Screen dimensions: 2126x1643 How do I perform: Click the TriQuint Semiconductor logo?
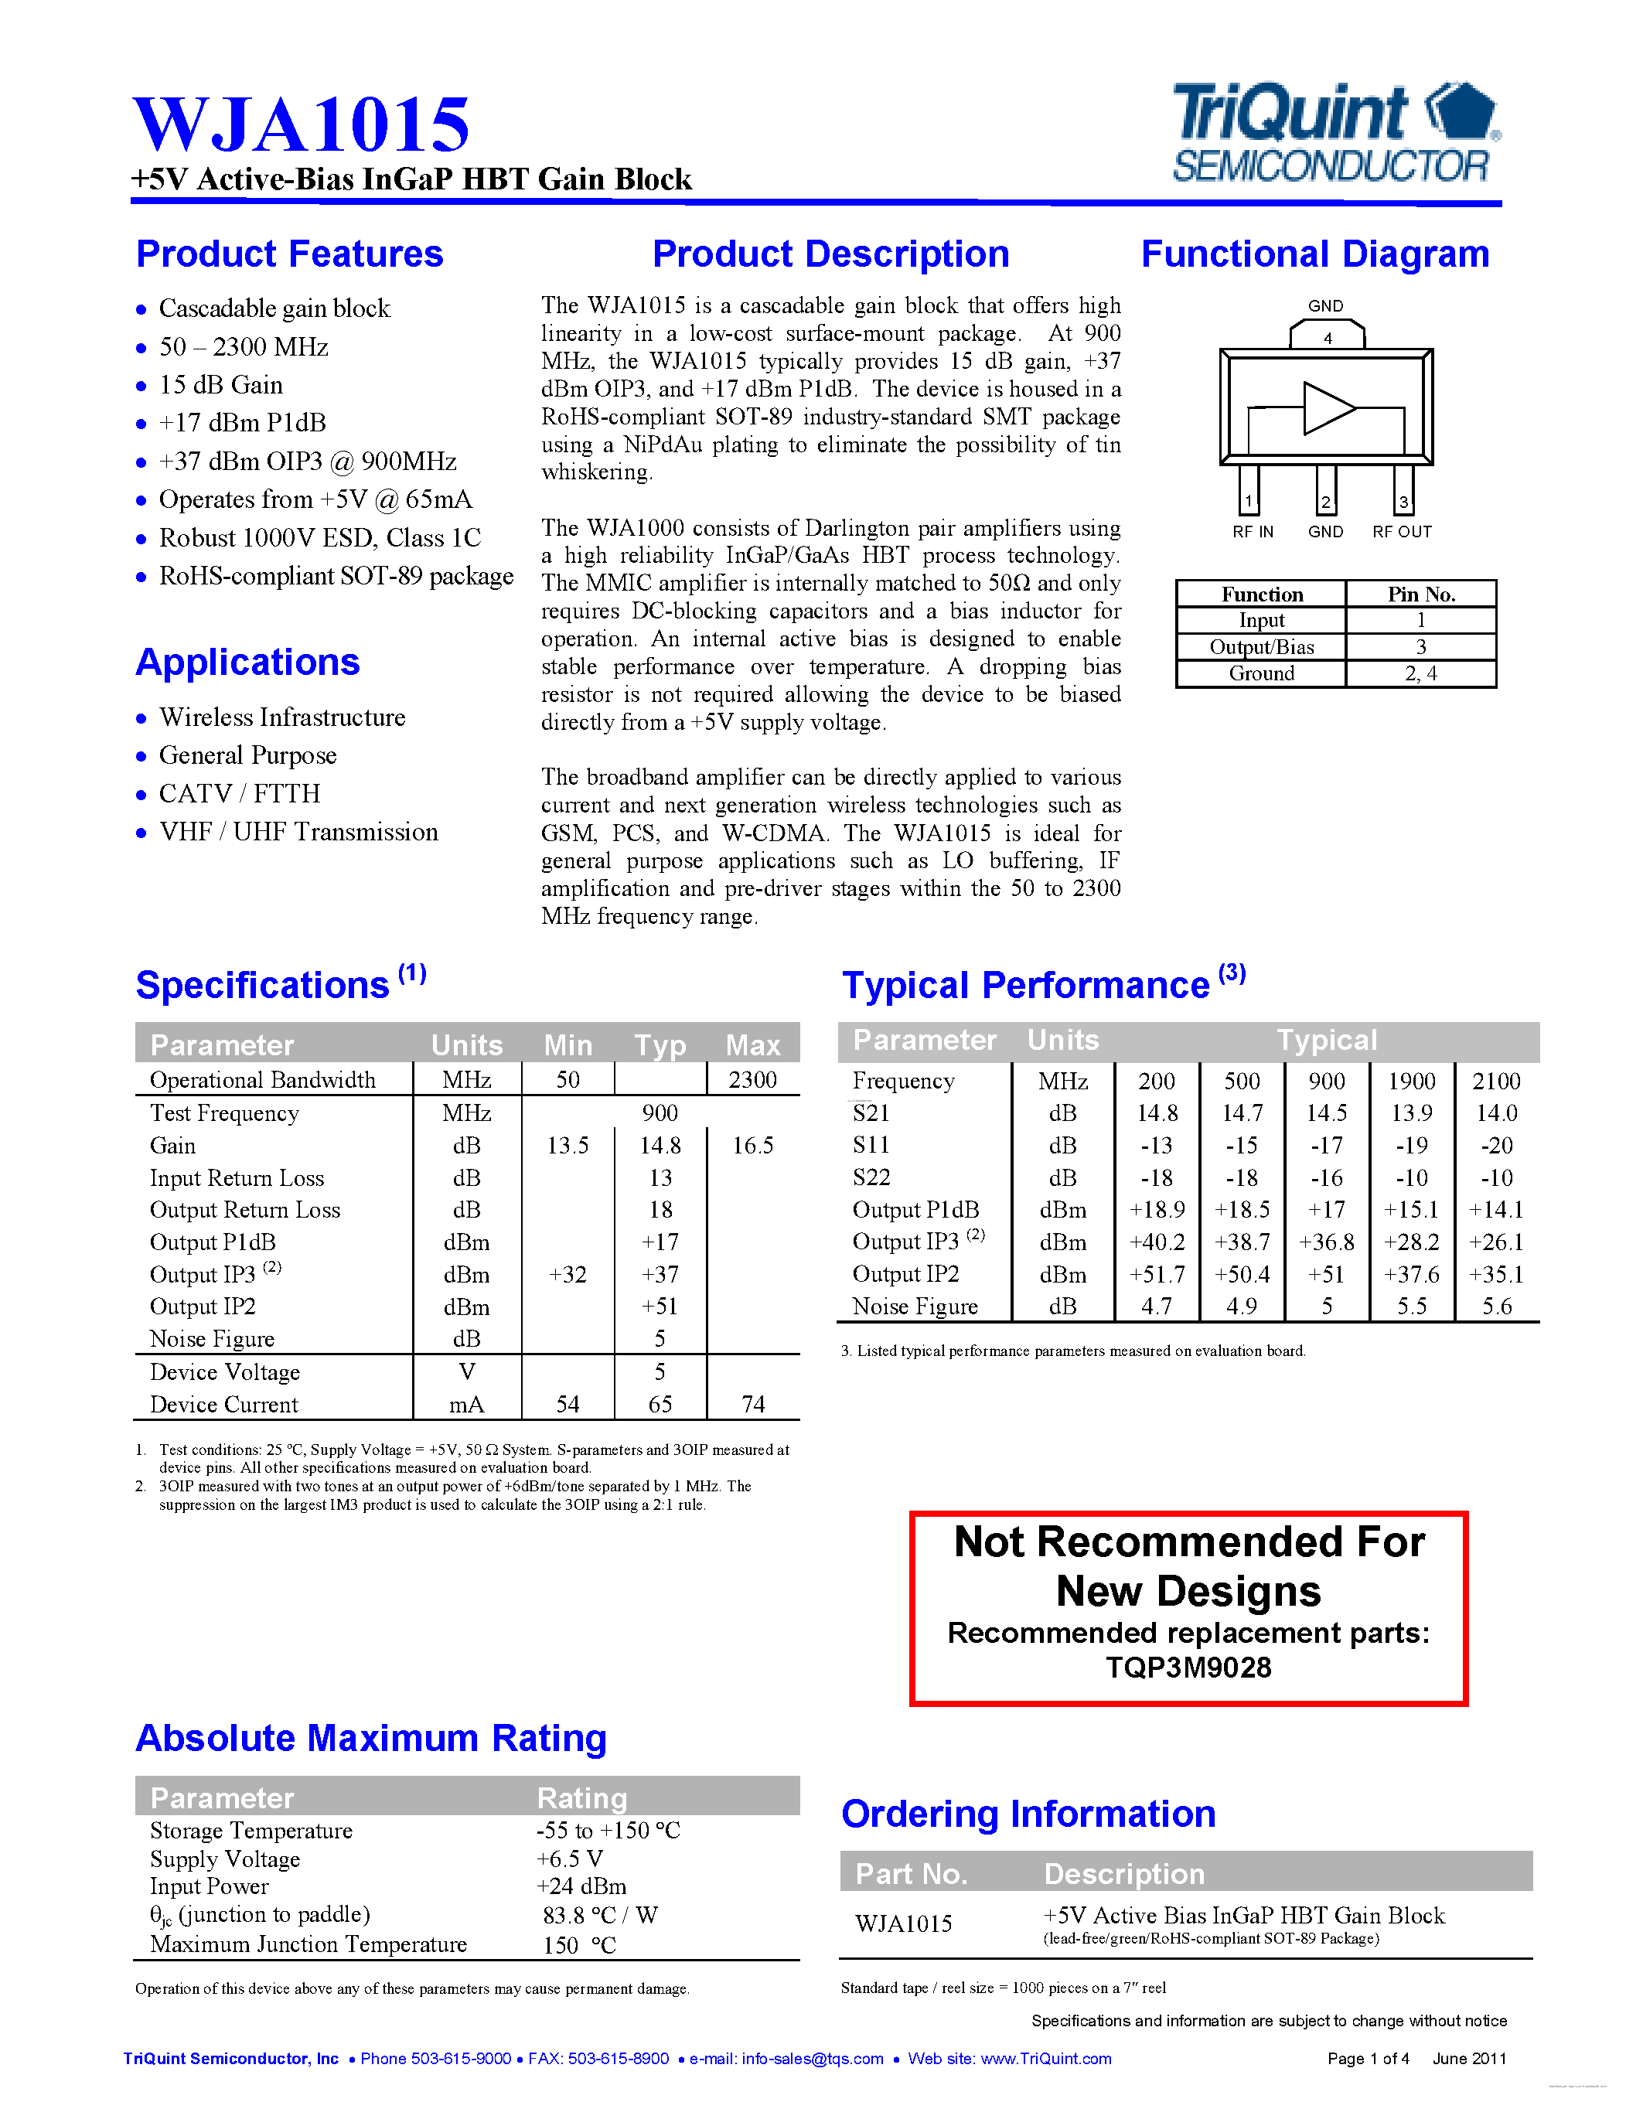click(1335, 134)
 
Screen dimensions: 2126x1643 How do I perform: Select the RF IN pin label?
click(1252, 532)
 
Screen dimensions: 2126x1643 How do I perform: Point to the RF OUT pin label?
click(1402, 532)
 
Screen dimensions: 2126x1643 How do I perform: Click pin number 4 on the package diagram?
click(1327, 339)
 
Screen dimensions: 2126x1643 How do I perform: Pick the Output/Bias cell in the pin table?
click(1262, 647)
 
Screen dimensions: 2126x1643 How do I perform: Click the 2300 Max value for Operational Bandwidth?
click(752, 1079)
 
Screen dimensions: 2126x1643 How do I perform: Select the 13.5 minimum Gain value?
click(568, 1146)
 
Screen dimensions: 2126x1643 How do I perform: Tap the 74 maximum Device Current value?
click(752, 1404)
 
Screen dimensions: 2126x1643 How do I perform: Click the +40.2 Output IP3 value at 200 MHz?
click(1157, 1242)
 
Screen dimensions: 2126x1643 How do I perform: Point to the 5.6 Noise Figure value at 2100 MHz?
click(1496, 1307)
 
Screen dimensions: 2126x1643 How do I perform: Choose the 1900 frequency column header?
click(1411, 1081)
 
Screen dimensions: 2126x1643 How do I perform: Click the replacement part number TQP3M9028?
click(1188, 1668)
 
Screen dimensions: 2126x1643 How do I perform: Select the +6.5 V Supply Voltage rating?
click(569, 1859)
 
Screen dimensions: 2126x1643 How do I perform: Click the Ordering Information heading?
click(1028, 1814)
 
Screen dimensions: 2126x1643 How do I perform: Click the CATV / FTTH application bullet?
click(240, 793)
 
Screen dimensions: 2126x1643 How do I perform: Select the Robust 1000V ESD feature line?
click(319, 538)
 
